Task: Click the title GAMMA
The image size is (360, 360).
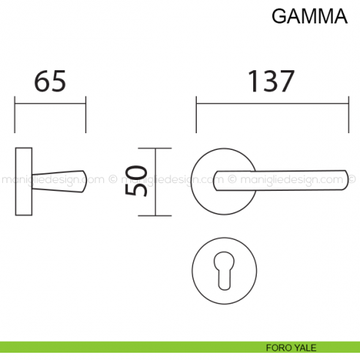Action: (309, 18)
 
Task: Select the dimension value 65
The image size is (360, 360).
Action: (50, 82)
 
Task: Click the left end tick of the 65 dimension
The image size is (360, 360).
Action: (15, 114)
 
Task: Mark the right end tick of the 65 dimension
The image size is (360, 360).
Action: (86, 114)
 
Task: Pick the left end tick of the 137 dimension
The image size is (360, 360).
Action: (195, 114)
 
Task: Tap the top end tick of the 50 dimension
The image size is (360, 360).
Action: (155, 147)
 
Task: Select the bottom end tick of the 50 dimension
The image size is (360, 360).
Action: (155, 217)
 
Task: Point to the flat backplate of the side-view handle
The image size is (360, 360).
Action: (23, 181)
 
